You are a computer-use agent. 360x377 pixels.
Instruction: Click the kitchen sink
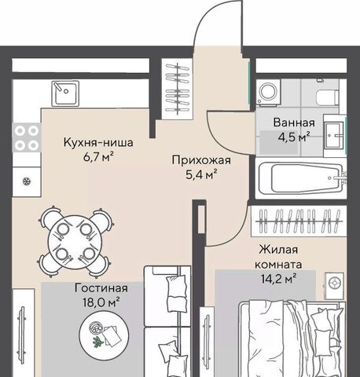(65, 93)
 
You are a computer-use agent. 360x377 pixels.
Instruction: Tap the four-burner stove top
(27, 137)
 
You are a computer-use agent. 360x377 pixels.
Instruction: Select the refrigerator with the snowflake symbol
(27, 181)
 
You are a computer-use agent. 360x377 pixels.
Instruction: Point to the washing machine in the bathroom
(269, 93)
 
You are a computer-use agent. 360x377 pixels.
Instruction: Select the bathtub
(301, 178)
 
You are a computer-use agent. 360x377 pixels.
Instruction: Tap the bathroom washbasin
(335, 135)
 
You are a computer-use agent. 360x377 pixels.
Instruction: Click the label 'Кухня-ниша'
(98, 143)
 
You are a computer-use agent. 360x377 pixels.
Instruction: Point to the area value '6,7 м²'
(98, 157)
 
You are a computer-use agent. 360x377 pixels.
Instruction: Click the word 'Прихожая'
(201, 160)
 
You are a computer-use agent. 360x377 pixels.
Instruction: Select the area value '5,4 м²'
(201, 174)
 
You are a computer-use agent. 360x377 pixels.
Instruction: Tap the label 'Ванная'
(294, 123)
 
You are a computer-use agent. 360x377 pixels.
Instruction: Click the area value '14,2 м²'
(279, 279)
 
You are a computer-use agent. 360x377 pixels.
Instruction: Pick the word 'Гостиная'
(101, 288)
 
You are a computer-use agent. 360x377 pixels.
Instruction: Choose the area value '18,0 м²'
(101, 302)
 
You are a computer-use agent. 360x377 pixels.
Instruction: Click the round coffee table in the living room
(104, 335)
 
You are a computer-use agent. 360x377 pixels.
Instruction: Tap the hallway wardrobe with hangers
(178, 89)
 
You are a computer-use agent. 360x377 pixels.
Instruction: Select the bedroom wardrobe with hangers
(299, 221)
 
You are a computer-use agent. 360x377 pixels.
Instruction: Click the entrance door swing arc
(202, 21)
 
